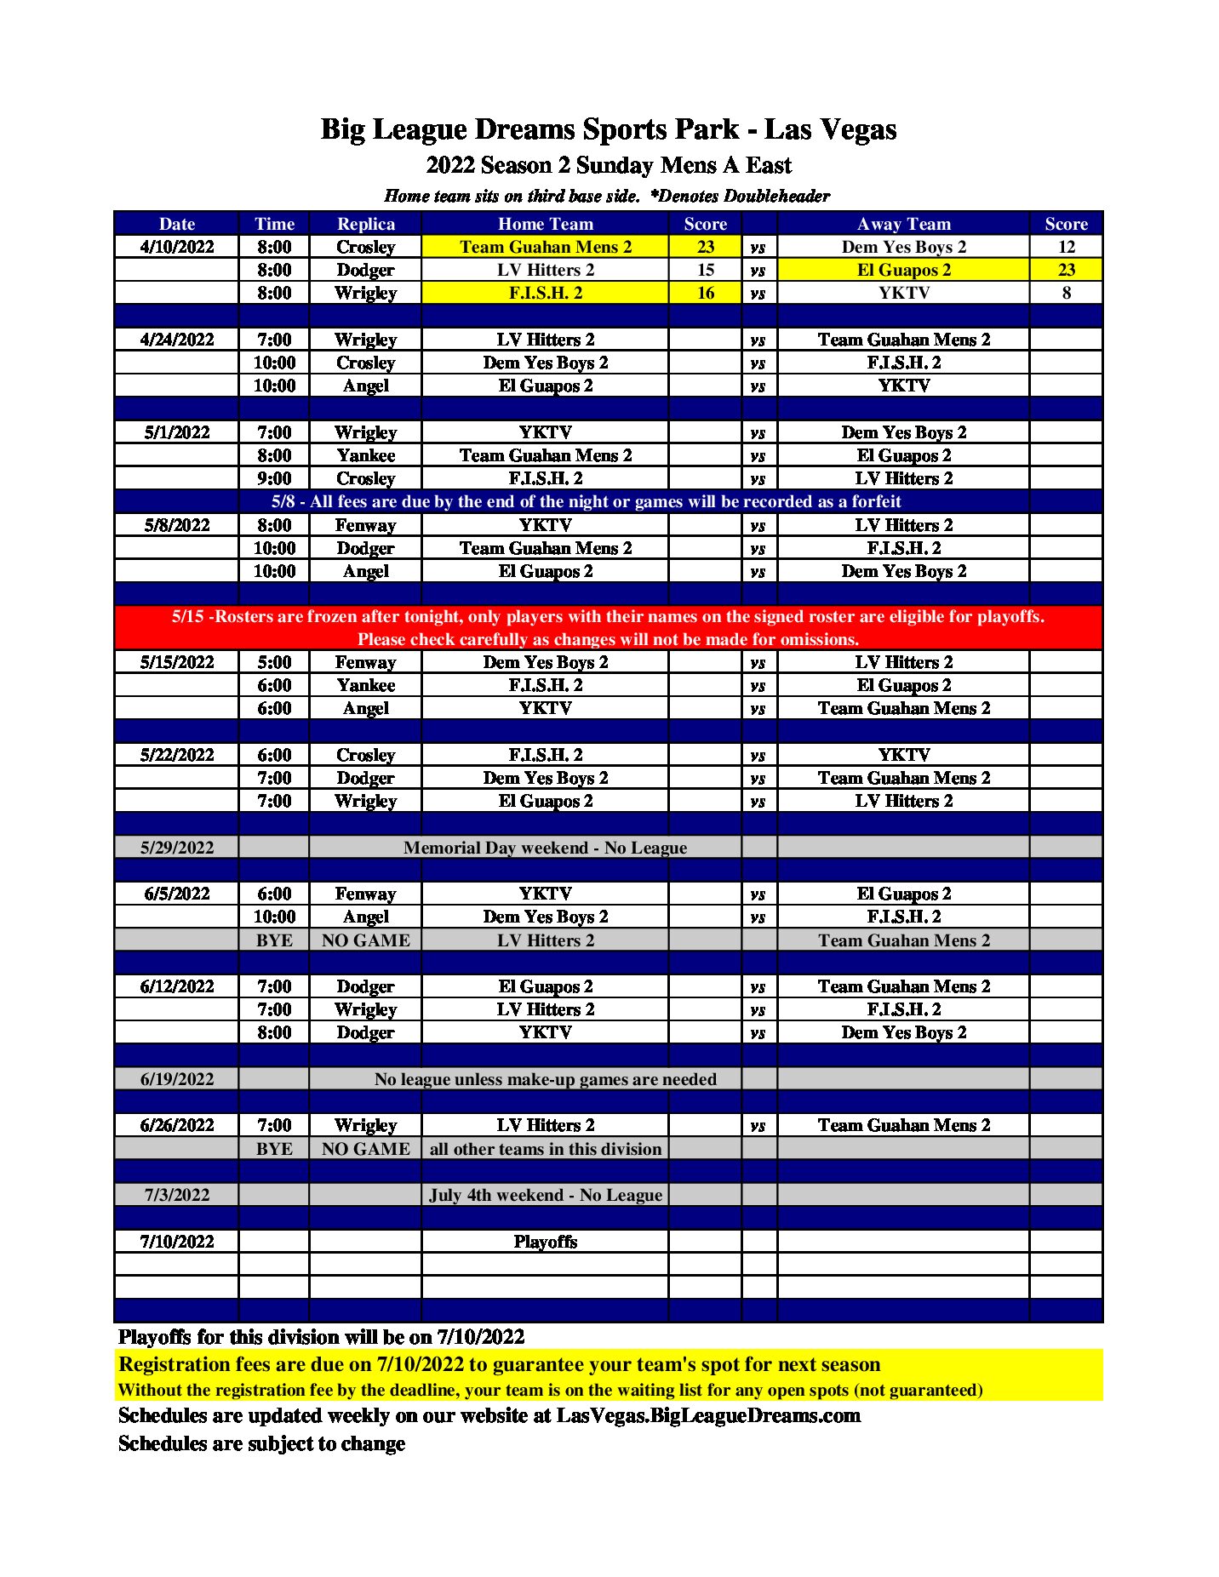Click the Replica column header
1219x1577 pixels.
coord(365,224)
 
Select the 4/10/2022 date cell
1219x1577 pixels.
coord(177,247)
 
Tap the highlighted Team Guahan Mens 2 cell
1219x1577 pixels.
coord(545,247)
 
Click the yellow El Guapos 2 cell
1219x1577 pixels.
coord(903,270)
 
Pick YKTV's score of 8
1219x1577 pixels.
coord(1066,293)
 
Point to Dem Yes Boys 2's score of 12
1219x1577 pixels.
coord(1066,247)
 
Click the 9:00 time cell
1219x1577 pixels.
coord(274,478)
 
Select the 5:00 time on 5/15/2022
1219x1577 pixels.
coord(274,662)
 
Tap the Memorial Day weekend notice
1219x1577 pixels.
coord(545,848)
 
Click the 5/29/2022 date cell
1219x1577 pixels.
coord(177,848)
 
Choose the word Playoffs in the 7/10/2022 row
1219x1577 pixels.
coord(545,1242)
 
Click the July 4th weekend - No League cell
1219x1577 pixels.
coord(545,1195)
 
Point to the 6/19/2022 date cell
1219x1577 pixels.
coord(177,1079)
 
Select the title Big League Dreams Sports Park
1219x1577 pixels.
coord(608,129)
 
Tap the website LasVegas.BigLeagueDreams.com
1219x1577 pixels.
coord(708,1415)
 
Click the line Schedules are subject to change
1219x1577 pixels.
coord(261,1443)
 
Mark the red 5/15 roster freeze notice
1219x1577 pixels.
coord(608,627)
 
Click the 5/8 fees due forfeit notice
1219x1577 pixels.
coord(586,501)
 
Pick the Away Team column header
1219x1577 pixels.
coord(903,224)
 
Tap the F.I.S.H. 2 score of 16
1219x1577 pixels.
coord(705,293)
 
